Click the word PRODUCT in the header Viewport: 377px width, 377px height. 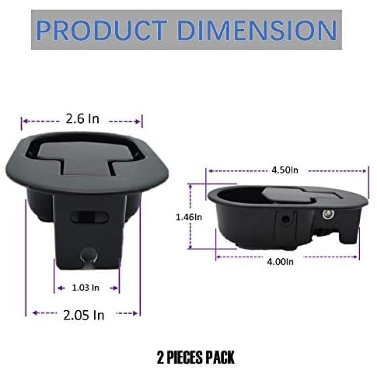[102, 30]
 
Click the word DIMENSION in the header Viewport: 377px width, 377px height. [257, 30]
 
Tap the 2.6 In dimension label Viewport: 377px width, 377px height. [82, 119]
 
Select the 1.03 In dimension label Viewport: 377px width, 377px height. [85, 288]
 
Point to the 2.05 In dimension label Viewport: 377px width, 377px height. [83, 315]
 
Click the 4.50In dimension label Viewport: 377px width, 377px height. [285, 170]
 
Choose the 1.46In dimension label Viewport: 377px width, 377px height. [189, 217]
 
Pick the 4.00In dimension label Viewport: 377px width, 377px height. [280, 261]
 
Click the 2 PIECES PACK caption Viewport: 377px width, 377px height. [196, 357]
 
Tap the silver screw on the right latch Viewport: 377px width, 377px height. [328, 214]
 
